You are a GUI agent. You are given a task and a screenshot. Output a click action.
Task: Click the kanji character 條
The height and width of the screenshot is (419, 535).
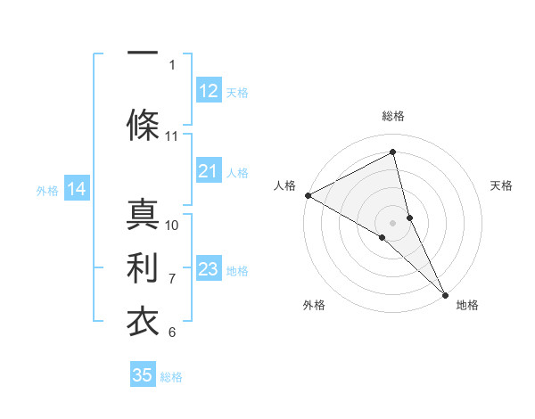(143, 124)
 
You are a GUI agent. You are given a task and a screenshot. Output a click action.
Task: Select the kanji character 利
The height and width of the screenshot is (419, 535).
(143, 267)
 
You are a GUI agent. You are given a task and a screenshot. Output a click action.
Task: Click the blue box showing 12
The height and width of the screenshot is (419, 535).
(208, 91)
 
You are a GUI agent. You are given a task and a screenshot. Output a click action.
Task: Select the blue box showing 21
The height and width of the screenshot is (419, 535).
(208, 172)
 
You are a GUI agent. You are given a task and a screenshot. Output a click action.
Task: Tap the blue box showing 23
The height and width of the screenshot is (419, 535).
(208, 269)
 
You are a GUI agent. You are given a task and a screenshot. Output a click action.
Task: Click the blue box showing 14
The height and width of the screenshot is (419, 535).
(77, 189)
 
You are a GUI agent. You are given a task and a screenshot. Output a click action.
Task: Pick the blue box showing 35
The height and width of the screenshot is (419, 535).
(143, 375)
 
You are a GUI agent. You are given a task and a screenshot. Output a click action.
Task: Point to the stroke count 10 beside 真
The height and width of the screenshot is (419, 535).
(172, 225)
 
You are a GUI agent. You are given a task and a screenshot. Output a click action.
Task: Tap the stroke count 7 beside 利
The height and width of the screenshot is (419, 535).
(172, 278)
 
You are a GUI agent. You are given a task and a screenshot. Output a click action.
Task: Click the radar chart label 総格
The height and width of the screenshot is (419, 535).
(392, 116)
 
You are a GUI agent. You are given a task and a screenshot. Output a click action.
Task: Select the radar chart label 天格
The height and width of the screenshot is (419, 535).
(501, 185)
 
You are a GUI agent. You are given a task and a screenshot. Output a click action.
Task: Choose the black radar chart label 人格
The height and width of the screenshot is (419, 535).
(284, 185)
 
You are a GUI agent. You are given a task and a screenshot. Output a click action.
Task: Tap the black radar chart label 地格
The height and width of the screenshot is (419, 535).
(467, 305)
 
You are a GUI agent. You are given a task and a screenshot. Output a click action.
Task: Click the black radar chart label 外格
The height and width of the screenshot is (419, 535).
(314, 305)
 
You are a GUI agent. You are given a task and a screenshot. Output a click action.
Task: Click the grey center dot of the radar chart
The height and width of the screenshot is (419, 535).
(392, 221)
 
